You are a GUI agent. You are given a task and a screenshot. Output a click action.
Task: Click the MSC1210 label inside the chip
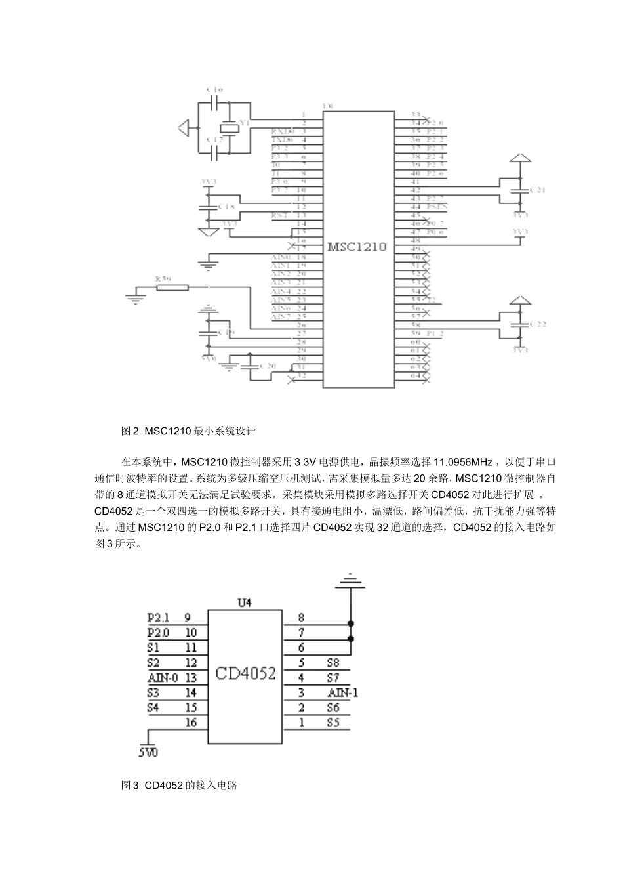pos(356,247)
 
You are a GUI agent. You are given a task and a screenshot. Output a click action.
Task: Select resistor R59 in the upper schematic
pos(171,287)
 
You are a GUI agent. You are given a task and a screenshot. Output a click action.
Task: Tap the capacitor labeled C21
pos(519,190)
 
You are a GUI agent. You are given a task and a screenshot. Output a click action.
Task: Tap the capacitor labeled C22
pos(519,324)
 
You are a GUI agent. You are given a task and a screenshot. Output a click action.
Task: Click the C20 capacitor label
pos(268,365)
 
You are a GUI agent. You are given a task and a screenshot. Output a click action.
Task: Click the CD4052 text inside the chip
pos(246,674)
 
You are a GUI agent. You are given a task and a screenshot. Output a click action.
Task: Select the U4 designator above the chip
pos(244,602)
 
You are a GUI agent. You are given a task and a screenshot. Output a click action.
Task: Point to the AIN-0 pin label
pos(163,677)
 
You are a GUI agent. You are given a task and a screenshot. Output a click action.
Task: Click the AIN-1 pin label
pos(343,692)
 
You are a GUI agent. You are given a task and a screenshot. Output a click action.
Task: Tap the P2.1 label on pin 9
pos(157,618)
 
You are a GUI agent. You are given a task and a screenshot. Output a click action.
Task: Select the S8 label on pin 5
pos(332,663)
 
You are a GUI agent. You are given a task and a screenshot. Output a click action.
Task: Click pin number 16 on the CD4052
pos(191,723)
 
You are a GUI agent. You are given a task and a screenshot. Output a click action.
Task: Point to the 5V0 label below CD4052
pos(148,753)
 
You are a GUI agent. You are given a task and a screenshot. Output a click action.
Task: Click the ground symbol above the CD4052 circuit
pos(351,578)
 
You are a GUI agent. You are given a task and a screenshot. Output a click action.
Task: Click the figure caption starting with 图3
pos(179,785)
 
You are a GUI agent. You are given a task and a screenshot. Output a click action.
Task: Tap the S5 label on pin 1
pos(332,723)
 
